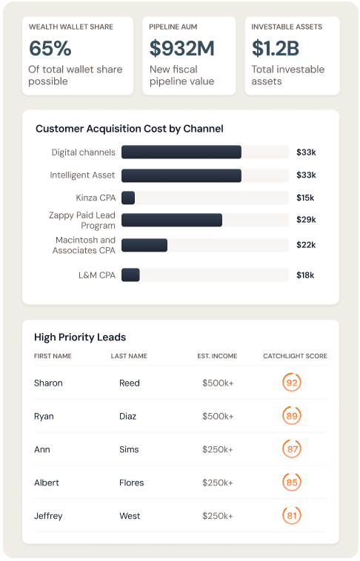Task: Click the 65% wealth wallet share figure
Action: tap(50, 49)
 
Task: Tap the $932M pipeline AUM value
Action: tap(181, 49)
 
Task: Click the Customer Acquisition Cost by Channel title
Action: tap(129, 129)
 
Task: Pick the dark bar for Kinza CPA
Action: tap(128, 198)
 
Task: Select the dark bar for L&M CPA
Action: tap(130, 275)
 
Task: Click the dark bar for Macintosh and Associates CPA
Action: tap(144, 245)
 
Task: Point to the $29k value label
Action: tap(306, 220)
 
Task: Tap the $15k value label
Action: tap(305, 198)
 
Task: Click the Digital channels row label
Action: tap(83, 152)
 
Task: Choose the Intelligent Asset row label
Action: tap(82, 175)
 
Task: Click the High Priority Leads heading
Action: tap(80, 337)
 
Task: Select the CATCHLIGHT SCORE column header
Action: tap(295, 356)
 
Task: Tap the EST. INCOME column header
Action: tap(217, 356)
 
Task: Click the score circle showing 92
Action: tap(292, 383)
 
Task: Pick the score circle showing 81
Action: tap(292, 516)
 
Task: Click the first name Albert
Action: tap(47, 483)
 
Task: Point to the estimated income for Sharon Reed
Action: tap(218, 383)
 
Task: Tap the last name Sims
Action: tap(130, 449)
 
